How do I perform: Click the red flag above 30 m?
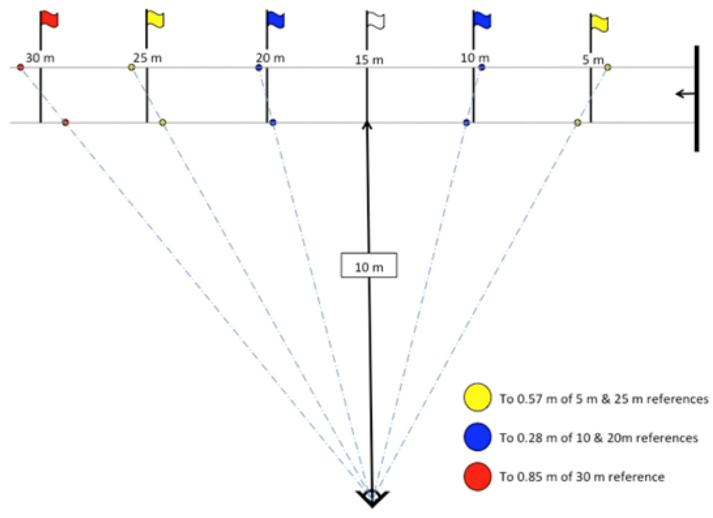coord(49,19)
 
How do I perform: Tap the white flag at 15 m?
coord(376,20)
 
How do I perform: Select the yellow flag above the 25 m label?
coord(155,19)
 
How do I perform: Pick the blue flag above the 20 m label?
coord(276,20)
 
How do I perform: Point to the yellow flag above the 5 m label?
coord(599,23)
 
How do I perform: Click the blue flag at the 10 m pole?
coord(482,20)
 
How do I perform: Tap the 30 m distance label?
coord(40,58)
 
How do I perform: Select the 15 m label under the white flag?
coord(369,60)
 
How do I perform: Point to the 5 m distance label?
coord(593,60)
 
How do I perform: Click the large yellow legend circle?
coord(477,397)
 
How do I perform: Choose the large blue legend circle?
coord(477,437)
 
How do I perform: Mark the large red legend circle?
coord(477,476)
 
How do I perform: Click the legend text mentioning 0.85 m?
coord(582,476)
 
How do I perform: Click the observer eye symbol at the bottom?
coord(372,497)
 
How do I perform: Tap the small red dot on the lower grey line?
coord(65,123)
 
